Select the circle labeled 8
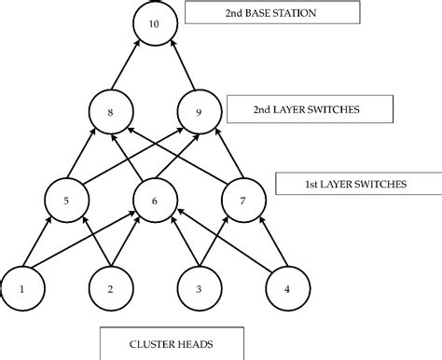(x=111, y=112)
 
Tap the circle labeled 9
(x=196, y=112)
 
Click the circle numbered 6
(x=154, y=198)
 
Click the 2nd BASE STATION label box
(x=272, y=13)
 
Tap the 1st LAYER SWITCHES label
(x=355, y=184)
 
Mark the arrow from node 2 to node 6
(x=131, y=244)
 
